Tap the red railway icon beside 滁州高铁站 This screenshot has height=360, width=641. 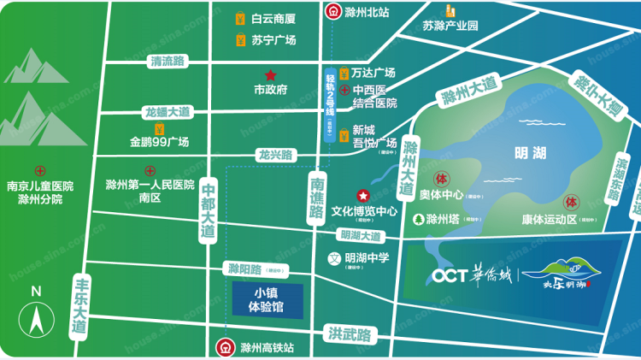223,348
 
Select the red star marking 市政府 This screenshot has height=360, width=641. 270,75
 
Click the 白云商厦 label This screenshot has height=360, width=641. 273,18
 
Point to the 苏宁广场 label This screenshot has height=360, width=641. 273,40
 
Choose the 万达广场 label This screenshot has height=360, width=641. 373,73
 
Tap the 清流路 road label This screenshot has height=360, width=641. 168,62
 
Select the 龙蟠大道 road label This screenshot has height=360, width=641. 168,112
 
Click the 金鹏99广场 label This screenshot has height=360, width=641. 159,142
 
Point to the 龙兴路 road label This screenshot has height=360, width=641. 275,156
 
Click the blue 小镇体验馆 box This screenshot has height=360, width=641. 266,298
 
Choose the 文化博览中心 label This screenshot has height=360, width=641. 364,211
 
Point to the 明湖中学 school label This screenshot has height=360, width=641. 367,257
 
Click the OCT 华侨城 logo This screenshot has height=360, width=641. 469,275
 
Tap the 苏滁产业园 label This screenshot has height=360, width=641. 450,26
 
